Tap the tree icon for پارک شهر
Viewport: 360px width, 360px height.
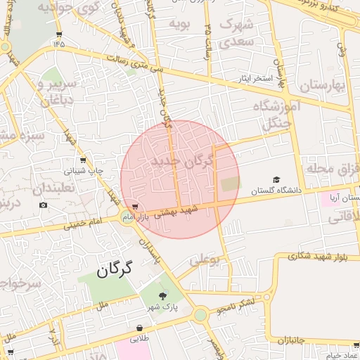[x=164, y=295]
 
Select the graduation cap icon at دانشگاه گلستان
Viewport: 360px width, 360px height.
[x=276, y=180]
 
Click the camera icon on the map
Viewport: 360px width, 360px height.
[x=44, y=205]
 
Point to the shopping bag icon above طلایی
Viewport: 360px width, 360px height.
[x=141, y=328]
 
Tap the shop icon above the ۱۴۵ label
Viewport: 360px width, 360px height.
[x=58, y=33]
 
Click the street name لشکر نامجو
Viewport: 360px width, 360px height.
[x=243, y=305]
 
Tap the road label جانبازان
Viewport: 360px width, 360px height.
[x=293, y=341]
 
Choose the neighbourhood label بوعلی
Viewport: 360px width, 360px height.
[x=205, y=261]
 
